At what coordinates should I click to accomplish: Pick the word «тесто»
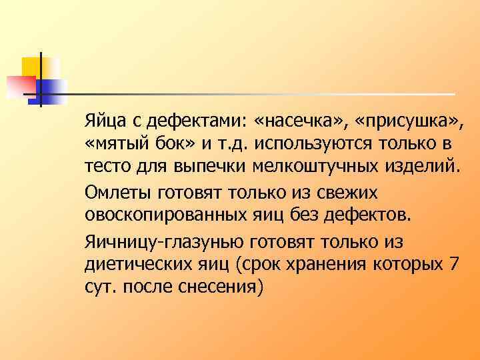(x=103, y=165)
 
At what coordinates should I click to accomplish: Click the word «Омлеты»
(x=117, y=193)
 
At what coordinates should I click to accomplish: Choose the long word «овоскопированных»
(x=171, y=214)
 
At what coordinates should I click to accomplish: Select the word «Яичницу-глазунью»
(x=167, y=241)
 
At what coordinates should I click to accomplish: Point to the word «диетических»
(x=137, y=263)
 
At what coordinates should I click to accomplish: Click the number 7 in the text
(x=454, y=263)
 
